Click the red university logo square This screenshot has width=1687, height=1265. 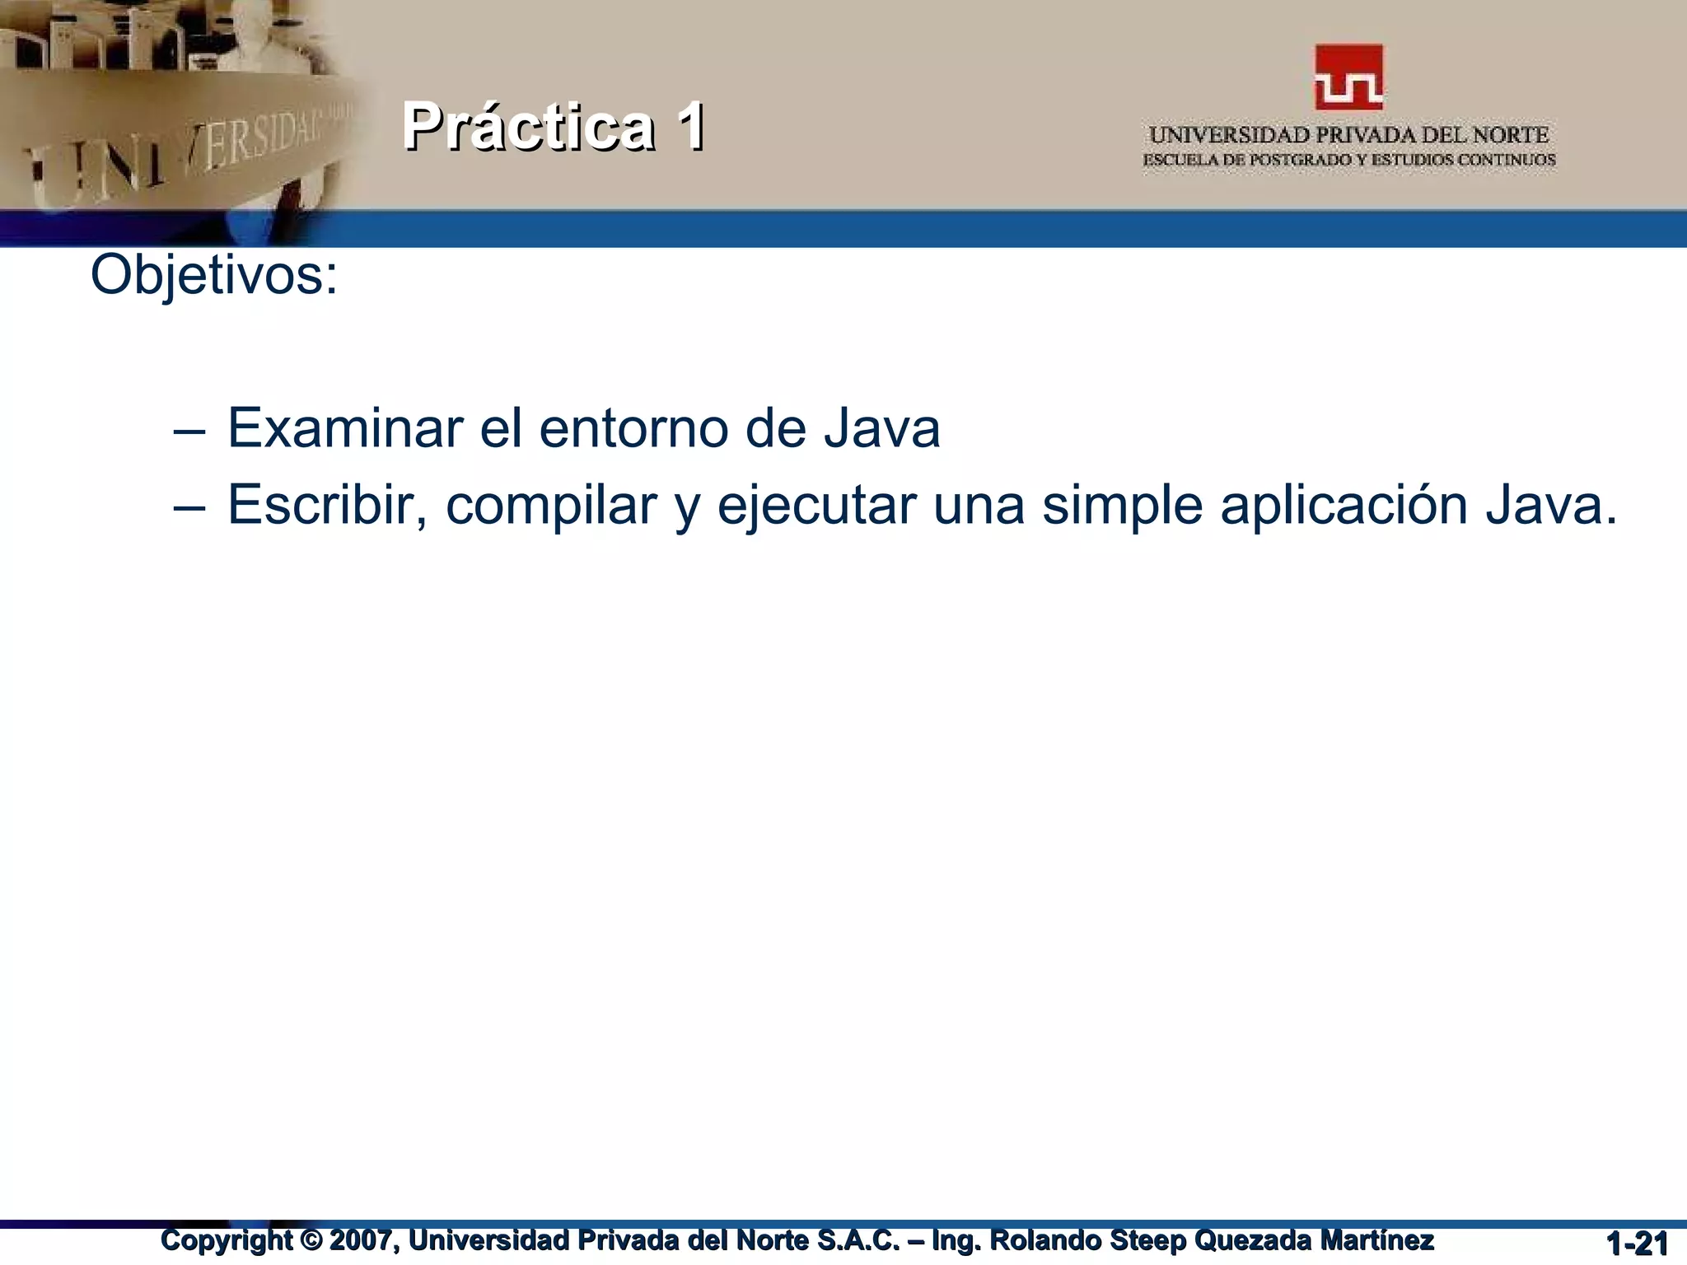click(x=1348, y=77)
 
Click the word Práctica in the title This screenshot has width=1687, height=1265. click(x=528, y=127)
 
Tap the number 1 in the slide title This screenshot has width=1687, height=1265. click(x=690, y=127)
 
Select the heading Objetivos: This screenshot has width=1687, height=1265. click(x=214, y=275)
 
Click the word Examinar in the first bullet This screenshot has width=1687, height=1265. click(x=345, y=428)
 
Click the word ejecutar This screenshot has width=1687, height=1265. click(x=816, y=506)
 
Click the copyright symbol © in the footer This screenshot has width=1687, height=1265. click(x=310, y=1239)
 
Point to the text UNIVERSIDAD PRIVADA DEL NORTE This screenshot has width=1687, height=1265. click(x=1348, y=135)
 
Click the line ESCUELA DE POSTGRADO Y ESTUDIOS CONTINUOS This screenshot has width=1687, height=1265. click(x=1348, y=160)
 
